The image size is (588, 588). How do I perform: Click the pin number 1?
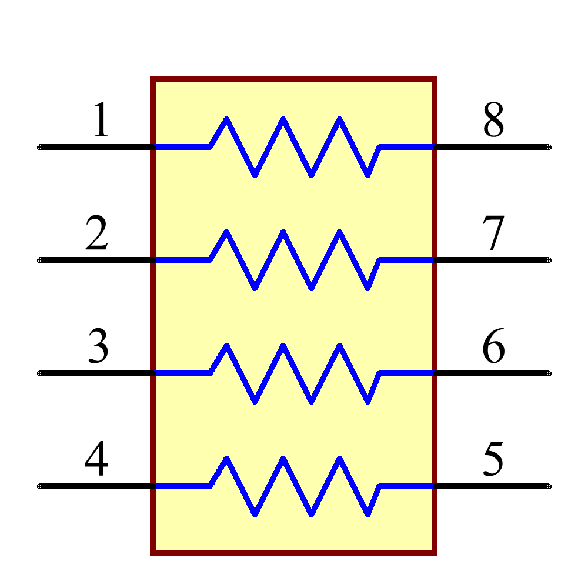click(101, 120)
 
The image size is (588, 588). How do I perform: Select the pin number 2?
click(96, 233)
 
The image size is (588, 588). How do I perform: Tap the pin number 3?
click(98, 346)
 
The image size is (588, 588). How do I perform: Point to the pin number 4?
click(96, 459)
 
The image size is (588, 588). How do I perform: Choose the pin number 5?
click(493, 459)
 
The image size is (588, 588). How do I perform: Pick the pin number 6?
click(493, 346)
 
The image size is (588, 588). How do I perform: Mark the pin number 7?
click(493, 233)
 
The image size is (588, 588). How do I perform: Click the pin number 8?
click(493, 120)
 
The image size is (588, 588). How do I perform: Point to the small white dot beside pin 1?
click(39, 147)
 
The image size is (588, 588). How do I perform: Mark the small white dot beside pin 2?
click(39, 260)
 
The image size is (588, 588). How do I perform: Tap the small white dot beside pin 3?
click(39, 373)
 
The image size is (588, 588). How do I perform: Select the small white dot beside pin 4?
click(39, 486)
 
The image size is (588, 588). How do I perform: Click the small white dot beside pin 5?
click(549, 486)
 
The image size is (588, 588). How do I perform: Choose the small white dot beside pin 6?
click(549, 373)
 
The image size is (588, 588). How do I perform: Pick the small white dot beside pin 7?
click(549, 260)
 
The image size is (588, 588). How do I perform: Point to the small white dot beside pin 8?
click(549, 147)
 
